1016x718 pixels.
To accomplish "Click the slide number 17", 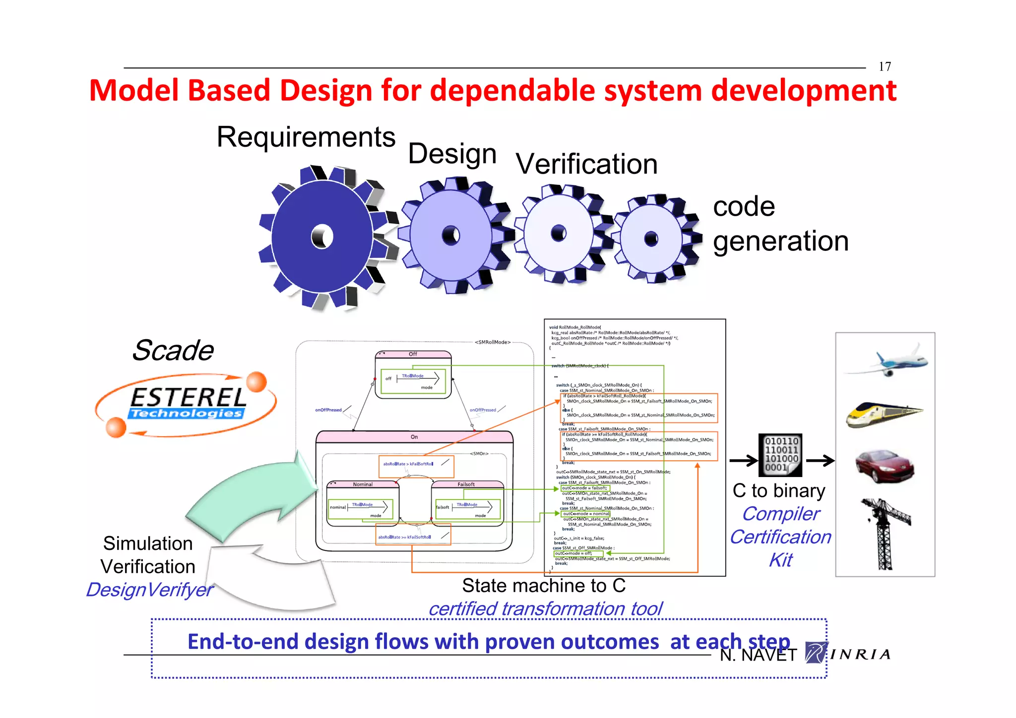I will [885, 66].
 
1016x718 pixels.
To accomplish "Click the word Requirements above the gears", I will [306, 137].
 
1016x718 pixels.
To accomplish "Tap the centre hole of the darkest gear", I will [322, 237].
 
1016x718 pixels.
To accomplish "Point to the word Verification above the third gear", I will [586, 164].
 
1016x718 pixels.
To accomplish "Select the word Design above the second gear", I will [452, 154].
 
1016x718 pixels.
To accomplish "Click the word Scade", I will [173, 351].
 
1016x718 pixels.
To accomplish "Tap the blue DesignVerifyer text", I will [149, 590].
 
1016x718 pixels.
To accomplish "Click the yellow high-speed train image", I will [883, 414].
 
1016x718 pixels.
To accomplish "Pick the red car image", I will [885, 465].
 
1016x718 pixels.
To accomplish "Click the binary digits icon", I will [780, 455].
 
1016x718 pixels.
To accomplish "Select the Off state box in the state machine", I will [413, 375].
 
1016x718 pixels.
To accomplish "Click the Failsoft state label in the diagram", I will [466, 484].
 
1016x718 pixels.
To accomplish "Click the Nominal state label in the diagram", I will [363, 484].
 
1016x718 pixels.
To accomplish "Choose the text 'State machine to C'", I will [544, 586].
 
